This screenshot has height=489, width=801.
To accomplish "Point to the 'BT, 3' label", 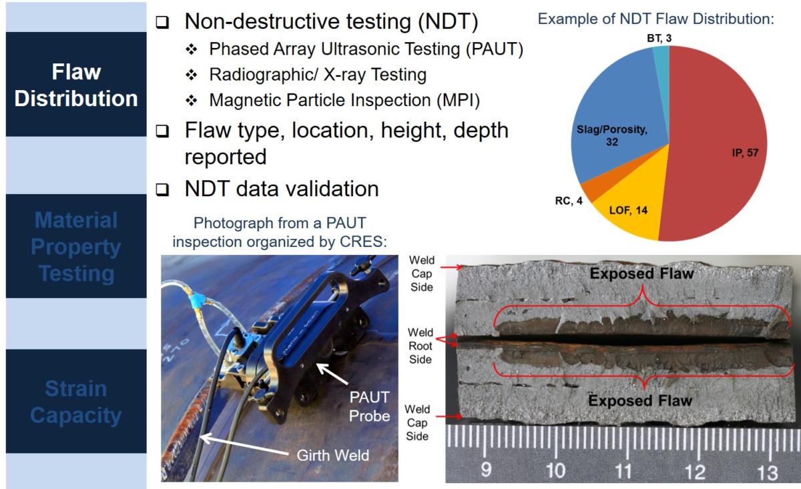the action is tap(659, 38).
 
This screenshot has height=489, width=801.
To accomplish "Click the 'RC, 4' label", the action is tap(569, 201).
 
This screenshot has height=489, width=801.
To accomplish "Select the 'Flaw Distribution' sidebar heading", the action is tap(76, 85).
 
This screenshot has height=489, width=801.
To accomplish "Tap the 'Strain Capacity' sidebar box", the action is tap(76, 402).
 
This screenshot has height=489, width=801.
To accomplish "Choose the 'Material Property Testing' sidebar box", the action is tap(76, 246).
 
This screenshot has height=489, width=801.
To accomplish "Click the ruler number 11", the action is tap(623, 470).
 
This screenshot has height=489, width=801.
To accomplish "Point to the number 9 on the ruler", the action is tap(486, 470).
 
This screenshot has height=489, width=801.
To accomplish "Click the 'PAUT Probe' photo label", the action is tap(369, 406).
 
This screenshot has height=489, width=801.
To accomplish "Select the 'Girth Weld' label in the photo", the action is tap(333, 456).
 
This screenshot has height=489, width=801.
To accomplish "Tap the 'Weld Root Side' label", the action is tap(421, 346).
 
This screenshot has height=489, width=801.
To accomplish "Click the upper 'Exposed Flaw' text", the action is tap(642, 274).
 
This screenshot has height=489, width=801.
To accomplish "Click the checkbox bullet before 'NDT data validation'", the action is tap(162, 189).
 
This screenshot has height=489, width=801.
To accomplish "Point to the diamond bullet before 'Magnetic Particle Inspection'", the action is tap(192, 101).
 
